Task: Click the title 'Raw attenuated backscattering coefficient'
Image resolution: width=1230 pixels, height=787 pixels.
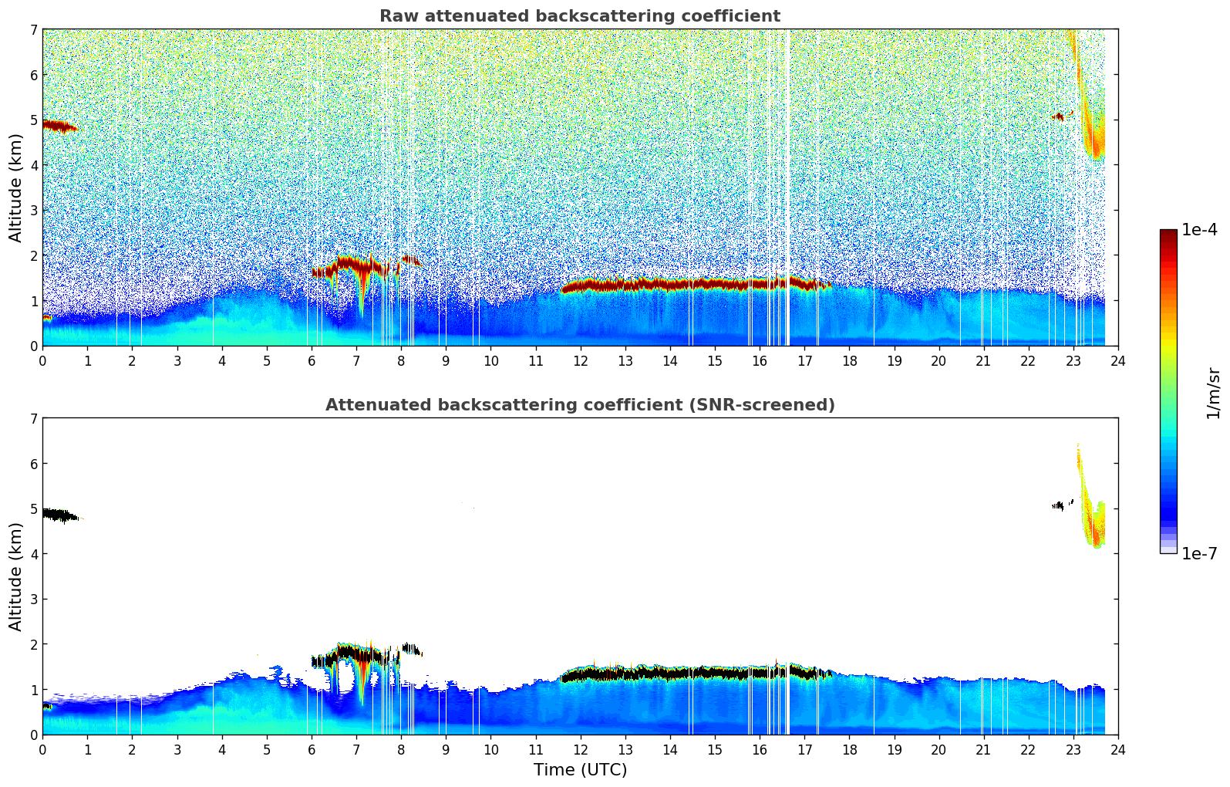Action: [579, 16]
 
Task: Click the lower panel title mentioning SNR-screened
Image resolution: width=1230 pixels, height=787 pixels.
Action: [579, 405]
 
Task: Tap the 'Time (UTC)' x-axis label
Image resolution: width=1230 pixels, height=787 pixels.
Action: [580, 770]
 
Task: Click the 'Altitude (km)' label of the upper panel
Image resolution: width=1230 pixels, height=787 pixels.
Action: [16, 187]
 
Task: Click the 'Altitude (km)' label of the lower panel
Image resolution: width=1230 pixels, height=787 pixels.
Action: [16, 576]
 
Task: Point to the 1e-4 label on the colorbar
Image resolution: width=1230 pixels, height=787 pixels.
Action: [1199, 230]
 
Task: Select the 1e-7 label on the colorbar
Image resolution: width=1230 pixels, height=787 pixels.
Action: [1199, 553]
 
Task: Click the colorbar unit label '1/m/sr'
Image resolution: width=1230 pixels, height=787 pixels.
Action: [1213, 392]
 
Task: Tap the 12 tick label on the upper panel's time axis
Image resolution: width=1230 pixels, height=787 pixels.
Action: [580, 360]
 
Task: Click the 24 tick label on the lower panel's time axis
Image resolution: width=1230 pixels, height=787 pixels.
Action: [1117, 749]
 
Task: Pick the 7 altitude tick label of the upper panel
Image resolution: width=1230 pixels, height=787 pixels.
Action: [34, 30]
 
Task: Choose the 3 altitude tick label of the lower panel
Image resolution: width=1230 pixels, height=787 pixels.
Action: [34, 600]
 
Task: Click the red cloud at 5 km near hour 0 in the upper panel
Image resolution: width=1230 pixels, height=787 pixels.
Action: [57, 126]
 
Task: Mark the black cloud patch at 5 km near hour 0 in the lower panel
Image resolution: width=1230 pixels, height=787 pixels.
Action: [57, 515]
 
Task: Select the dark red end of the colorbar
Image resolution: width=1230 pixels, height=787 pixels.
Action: [1168, 235]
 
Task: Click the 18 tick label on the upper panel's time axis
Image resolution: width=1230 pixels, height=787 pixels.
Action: [849, 360]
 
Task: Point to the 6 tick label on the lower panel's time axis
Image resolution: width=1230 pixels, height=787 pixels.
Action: [312, 749]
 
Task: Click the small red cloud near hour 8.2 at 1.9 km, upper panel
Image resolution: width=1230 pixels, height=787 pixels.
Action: [410, 260]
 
